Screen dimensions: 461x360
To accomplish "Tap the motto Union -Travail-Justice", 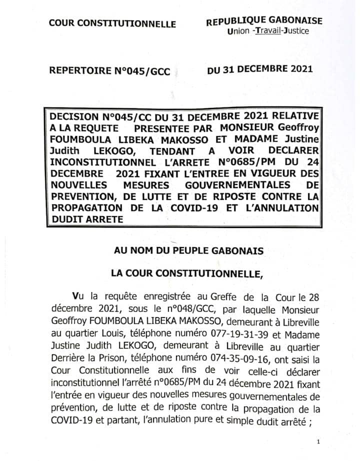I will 267,31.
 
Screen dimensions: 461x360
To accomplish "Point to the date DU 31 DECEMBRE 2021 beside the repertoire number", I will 259,69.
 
